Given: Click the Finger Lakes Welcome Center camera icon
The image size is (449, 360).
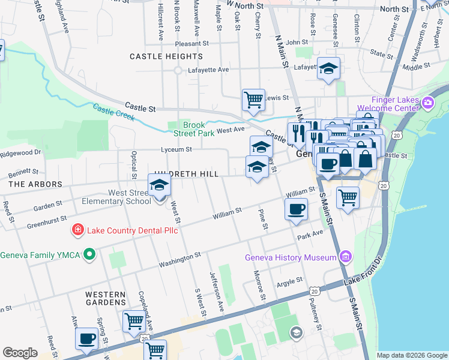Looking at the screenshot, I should coord(428,103).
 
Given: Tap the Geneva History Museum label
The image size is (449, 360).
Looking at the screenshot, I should coord(290,257).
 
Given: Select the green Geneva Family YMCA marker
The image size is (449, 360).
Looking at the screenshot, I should coord(89,255).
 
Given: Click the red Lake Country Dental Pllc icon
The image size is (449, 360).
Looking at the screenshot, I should coord(77,230).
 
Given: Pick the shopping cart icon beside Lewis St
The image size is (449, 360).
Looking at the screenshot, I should coord(253,100).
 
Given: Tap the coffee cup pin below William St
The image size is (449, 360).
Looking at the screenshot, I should coord(296,210).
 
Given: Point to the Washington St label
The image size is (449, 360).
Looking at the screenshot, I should coord(179,259).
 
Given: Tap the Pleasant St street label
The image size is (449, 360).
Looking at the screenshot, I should coord(191,44).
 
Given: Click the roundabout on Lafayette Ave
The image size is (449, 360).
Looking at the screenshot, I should coord(178,70).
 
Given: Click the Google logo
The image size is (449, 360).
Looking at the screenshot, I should coord(20,353).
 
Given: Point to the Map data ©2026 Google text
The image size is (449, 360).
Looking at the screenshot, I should coord(411,355).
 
